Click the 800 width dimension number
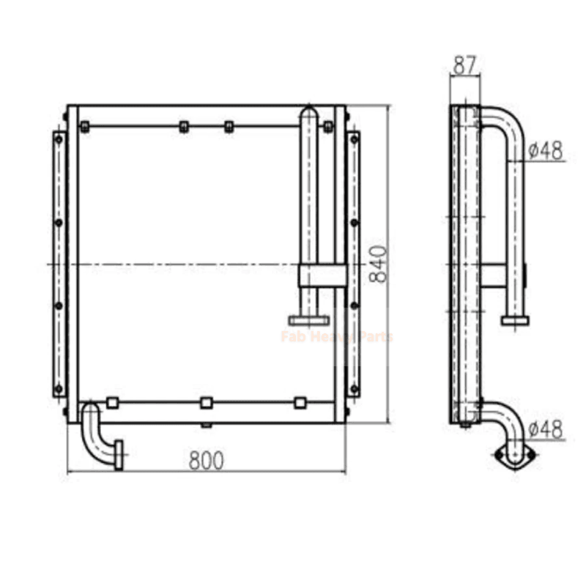point(206,460)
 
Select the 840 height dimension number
point(378,264)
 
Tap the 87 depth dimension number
point(464,66)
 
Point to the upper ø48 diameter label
point(546,150)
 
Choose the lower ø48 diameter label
point(546,429)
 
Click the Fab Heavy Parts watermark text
point(336,337)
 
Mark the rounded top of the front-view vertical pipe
point(309,112)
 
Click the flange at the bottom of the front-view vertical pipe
point(308,320)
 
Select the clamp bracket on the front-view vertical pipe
point(322,275)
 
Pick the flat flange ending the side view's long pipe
point(516,319)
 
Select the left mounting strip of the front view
point(59,264)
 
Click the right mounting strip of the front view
point(354,264)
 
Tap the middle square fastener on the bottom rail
point(207,402)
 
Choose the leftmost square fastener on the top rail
point(85,127)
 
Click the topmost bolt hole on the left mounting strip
point(59,138)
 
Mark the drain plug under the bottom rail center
point(207,426)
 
